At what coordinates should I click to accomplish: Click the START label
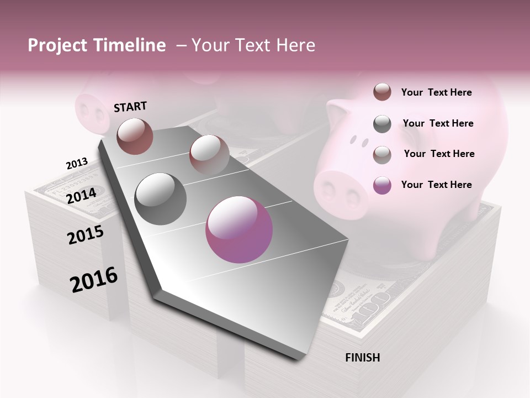click(x=130, y=106)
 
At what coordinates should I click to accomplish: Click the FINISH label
click(x=362, y=358)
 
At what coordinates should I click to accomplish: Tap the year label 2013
click(x=77, y=164)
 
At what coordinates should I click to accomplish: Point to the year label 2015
click(x=86, y=235)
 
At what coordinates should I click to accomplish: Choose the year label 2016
click(x=94, y=280)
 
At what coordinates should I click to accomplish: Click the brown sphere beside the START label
click(x=135, y=136)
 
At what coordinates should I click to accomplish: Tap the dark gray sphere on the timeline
click(x=161, y=198)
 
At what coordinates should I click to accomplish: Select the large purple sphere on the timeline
click(x=239, y=229)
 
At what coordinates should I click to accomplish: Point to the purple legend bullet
click(x=382, y=185)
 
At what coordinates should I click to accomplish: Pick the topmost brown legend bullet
click(x=382, y=92)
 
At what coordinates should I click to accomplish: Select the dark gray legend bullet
click(x=382, y=124)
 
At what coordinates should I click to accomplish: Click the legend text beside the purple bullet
click(x=436, y=185)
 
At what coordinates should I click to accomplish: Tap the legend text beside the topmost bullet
click(x=436, y=92)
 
